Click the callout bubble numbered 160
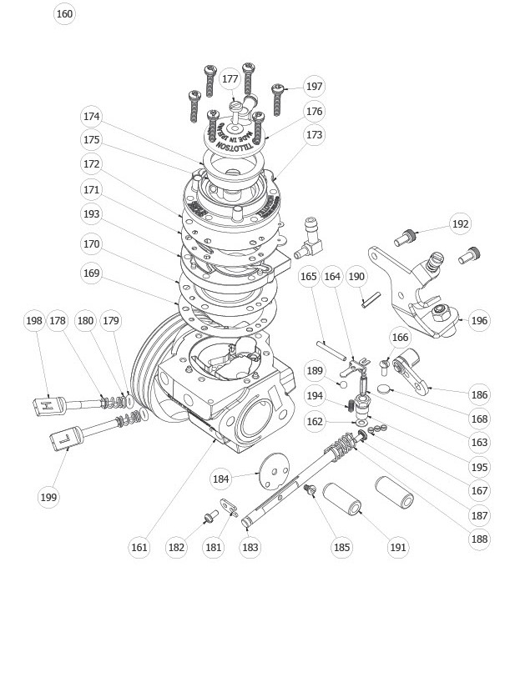(64, 13)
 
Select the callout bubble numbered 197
(313, 87)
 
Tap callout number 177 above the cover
(230, 79)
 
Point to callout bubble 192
(460, 223)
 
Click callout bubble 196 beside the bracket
(479, 320)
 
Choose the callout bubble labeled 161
(139, 547)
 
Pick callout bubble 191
(398, 547)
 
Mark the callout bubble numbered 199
(48, 497)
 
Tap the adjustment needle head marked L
(64, 438)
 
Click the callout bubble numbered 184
(220, 479)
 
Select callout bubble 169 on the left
(92, 273)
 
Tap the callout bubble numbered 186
(479, 394)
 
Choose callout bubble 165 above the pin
(309, 277)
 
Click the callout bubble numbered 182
(176, 547)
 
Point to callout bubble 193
(92, 214)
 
